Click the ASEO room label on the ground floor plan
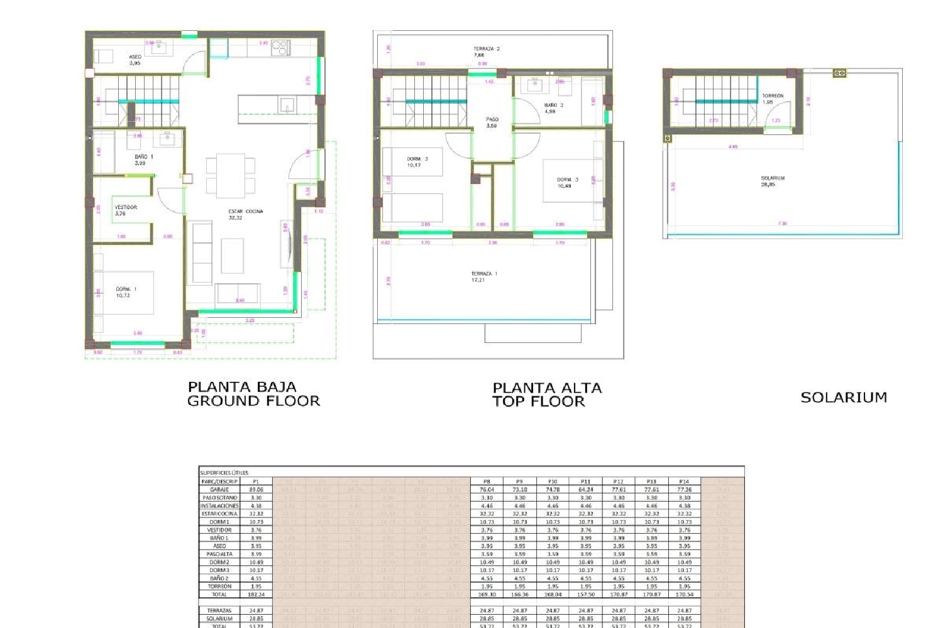point(135,60)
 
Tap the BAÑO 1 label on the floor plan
point(143,160)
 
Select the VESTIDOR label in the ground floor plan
point(126,210)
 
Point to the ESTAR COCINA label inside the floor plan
point(245,214)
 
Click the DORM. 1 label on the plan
point(126,292)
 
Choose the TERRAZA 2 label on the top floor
point(486,51)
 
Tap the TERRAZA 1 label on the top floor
point(484,276)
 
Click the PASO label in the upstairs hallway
point(492,122)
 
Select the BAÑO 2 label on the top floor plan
point(553,108)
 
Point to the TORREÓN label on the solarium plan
point(773,99)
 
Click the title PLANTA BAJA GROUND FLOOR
point(253,394)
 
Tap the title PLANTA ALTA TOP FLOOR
point(546,394)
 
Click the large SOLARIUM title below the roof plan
point(844,397)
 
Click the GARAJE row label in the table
point(219,489)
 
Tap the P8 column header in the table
point(487,481)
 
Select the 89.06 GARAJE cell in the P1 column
point(256,489)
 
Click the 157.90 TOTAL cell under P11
point(585,594)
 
